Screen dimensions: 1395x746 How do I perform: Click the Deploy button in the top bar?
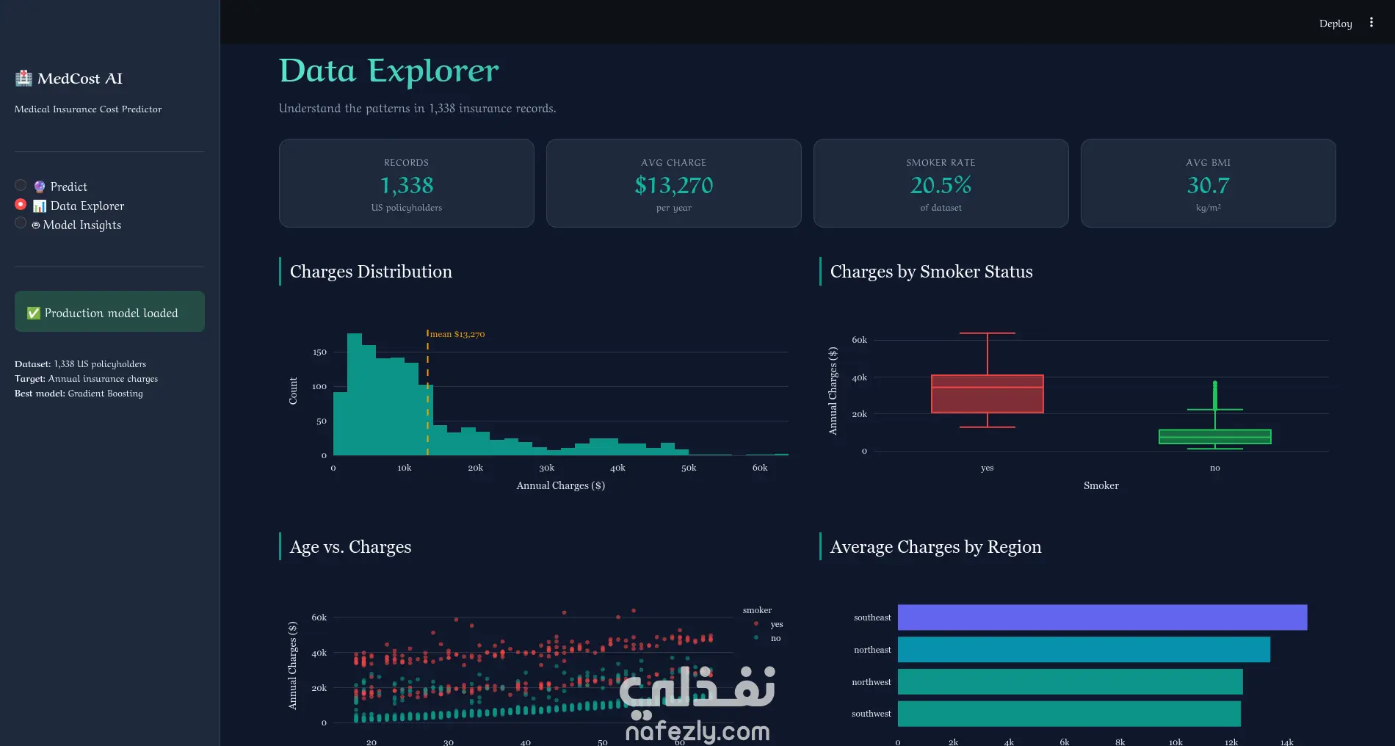pyautogui.click(x=1335, y=23)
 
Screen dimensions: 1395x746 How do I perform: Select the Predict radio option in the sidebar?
pyautogui.click(x=21, y=186)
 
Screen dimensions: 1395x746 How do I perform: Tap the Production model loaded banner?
pyautogui.click(x=109, y=311)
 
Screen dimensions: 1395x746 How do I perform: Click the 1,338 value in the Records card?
pyautogui.click(x=407, y=185)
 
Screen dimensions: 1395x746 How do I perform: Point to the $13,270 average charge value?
pyautogui.click(x=674, y=185)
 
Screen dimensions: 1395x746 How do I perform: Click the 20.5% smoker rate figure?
pyautogui.click(x=941, y=185)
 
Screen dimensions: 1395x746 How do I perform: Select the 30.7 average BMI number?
pyautogui.click(x=1208, y=185)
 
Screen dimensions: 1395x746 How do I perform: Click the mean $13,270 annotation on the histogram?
pyautogui.click(x=457, y=334)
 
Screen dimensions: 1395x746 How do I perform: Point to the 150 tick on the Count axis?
pyautogui.click(x=319, y=352)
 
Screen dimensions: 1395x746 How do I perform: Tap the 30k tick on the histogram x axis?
pyautogui.click(x=546, y=468)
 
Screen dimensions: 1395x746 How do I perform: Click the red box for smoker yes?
pyautogui.click(x=987, y=394)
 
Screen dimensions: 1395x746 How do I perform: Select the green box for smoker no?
pyautogui.click(x=1214, y=436)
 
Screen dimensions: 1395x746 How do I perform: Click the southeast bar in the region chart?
pyautogui.click(x=1102, y=618)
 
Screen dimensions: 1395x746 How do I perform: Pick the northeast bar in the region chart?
pyautogui.click(x=1084, y=650)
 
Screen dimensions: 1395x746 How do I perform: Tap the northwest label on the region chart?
pyautogui.click(x=872, y=682)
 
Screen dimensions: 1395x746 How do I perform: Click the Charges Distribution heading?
pyautogui.click(x=371, y=272)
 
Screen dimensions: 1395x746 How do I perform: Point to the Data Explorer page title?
pyautogui.click(x=388, y=71)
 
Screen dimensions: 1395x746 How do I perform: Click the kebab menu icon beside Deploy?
pyautogui.click(x=1371, y=23)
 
